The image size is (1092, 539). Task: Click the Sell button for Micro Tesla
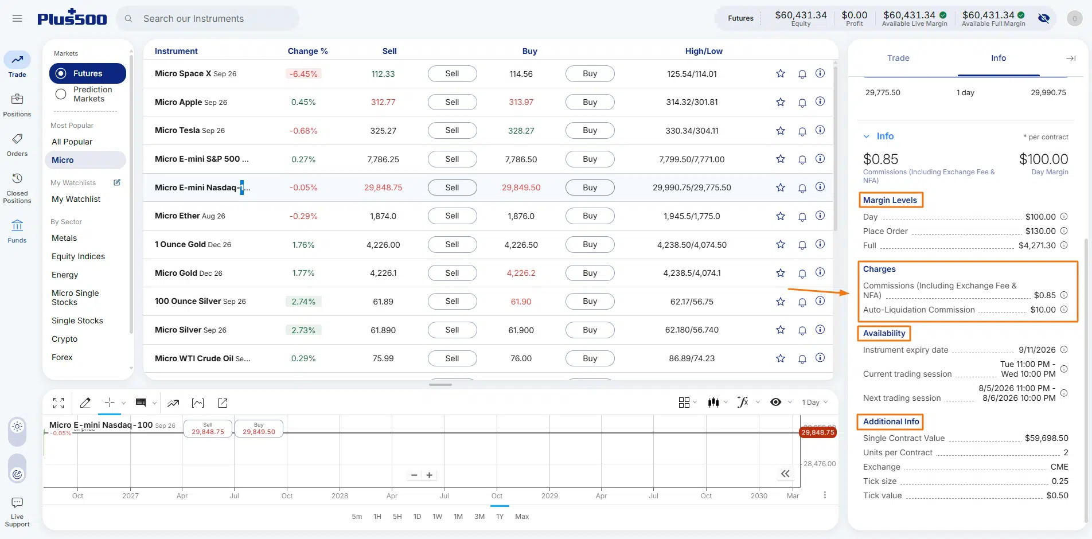452,131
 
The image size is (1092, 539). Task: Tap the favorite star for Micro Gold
781,273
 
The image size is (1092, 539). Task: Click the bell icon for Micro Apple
802,103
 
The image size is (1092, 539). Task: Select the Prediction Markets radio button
61,94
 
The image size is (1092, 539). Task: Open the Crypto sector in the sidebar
64,339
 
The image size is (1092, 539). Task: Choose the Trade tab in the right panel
898,58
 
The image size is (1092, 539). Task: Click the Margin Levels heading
890,200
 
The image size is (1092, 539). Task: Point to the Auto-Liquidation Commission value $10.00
1043,310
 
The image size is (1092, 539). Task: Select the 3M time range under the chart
479,517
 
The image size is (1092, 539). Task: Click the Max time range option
522,517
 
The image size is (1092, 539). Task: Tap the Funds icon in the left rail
17,231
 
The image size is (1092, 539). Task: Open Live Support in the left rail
17,512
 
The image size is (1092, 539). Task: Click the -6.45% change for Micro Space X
303,74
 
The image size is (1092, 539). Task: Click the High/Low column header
704,51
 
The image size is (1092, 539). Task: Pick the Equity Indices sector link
78,256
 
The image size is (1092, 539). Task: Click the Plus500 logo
72,18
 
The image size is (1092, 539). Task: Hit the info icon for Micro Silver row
820,330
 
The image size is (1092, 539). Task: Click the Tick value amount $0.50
1057,495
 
